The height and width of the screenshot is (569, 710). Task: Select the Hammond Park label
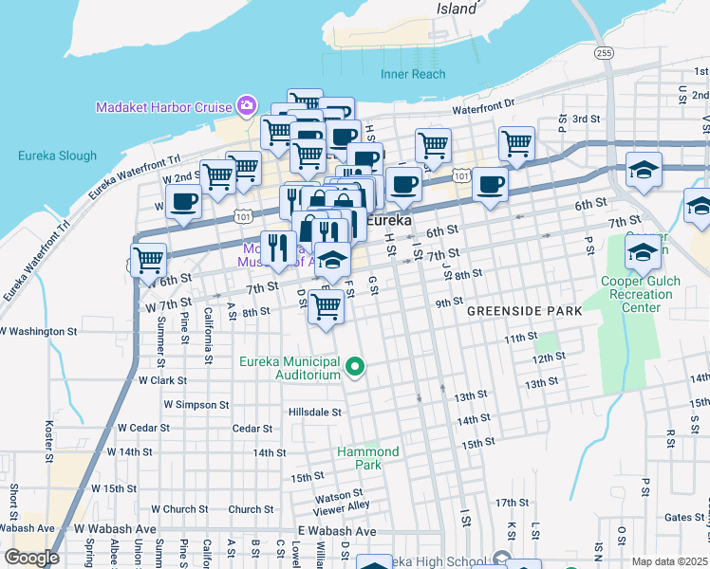[x=368, y=458]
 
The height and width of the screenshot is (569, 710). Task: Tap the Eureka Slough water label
[x=57, y=156]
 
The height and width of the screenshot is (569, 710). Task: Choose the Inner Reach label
[x=413, y=74]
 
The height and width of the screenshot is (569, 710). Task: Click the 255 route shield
[x=605, y=54]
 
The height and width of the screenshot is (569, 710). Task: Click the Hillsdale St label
[x=315, y=413]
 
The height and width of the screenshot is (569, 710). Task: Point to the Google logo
[x=31, y=558]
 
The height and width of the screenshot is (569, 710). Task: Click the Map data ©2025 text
[x=670, y=561]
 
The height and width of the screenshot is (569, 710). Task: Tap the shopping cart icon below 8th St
[x=326, y=307]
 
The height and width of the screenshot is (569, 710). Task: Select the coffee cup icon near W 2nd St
[x=183, y=201]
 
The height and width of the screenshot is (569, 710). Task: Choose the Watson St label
[x=339, y=494]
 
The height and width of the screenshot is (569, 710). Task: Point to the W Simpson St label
[x=196, y=404]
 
